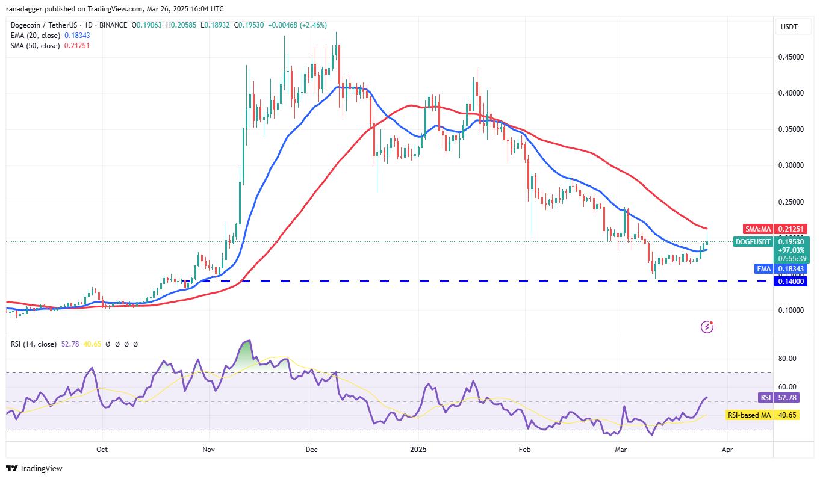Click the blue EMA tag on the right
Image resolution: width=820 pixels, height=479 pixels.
(x=763, y=268)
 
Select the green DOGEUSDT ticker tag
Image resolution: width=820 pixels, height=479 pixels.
(x=753, y=242)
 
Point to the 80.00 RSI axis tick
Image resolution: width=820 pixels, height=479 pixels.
(x=788, y=358)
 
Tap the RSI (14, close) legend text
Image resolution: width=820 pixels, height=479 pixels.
(x=34, y=344)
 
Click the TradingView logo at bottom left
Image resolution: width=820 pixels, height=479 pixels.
(x=34, y=468)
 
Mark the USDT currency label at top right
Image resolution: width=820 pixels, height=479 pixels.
(x=789, y=26)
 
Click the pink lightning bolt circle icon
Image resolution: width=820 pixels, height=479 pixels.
(x=707, y=327)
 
